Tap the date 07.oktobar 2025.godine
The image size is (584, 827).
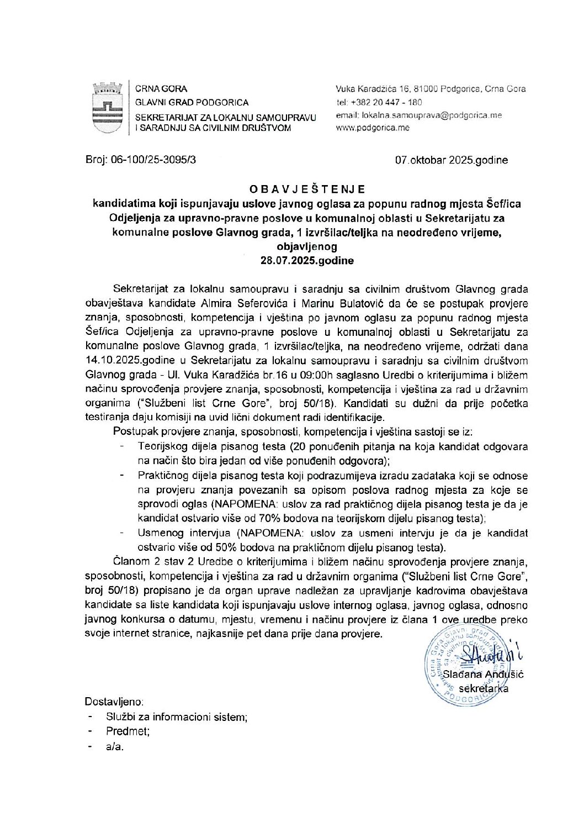[x=451, y=160]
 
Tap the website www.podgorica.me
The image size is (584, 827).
[x=373, y=128]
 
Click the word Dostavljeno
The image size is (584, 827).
[x=114, y=702]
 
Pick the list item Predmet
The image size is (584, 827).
[x=128, y=731]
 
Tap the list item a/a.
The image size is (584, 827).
[x=115, y=746]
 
